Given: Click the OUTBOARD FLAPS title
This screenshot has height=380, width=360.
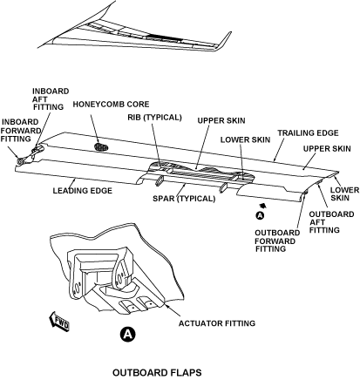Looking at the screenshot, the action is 157,372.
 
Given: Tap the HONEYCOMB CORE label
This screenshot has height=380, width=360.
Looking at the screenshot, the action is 111,104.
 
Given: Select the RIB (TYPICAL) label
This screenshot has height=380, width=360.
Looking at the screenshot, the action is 154,118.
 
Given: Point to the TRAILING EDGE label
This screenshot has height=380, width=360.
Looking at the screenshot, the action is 308,133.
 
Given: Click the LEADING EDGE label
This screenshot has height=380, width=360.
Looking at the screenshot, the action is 83,191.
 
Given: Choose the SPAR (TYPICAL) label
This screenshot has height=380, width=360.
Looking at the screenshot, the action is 184,199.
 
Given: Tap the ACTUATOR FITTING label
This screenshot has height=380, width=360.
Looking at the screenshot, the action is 217,323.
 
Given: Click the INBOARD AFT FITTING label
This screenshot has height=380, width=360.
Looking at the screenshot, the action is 50,99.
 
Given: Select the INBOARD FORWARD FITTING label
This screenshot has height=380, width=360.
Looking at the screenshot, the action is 20,131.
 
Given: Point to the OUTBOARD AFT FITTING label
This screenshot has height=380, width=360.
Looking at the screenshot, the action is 331,222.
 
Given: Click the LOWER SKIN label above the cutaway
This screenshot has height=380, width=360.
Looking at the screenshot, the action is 245,139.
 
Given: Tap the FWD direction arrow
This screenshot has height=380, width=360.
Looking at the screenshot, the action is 59,322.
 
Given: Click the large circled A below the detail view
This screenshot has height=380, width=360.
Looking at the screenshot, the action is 128,334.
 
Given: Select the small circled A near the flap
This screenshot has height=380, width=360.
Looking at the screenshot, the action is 260,215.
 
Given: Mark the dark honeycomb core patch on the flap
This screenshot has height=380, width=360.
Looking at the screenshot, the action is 101,147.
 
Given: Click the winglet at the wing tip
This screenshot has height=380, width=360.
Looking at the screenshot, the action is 223,41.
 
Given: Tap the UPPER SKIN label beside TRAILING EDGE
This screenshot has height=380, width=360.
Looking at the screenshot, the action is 327,149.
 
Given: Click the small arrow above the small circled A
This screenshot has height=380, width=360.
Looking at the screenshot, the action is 262,206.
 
